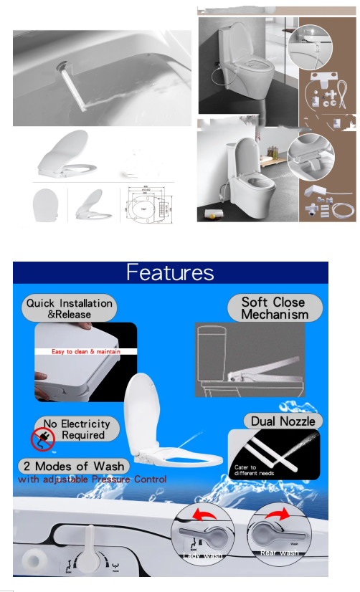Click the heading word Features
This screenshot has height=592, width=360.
point(170,273)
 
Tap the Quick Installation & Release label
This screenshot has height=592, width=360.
point(70,308)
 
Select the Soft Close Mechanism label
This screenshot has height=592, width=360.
point(275,308)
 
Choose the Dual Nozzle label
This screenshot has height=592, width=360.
point(282,421)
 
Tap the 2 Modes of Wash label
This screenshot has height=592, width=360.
point(74,466)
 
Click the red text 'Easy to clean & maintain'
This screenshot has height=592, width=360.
point(85,352)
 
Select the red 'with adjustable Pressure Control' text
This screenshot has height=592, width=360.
point(92,479)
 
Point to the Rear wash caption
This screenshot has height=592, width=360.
point(279,552)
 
